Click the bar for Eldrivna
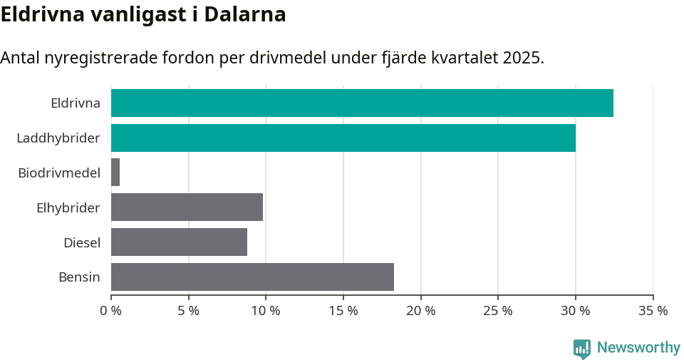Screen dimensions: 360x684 point(362,103)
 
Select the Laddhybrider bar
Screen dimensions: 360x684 point(343,138)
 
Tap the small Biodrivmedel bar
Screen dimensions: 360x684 point(115,173)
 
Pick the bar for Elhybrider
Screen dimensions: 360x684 point(187,207)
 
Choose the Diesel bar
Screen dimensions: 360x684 point(179,242)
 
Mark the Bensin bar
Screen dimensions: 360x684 point(252,277)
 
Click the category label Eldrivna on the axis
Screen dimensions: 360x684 point(75,103)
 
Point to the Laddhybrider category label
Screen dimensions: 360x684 point(58,138)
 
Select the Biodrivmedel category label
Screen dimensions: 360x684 point(58,173)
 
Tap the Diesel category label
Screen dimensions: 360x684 point(81,242)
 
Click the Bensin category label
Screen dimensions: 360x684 point(79,277)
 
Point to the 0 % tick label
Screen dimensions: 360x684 point(111,311)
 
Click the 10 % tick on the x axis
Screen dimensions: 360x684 point(266,311)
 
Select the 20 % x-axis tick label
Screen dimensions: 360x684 point(420,311)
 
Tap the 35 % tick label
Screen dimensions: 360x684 point(653,311)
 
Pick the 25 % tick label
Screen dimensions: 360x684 point(498,311)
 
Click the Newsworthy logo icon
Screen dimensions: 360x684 point(582,348)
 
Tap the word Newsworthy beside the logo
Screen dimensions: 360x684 point(638,348)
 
